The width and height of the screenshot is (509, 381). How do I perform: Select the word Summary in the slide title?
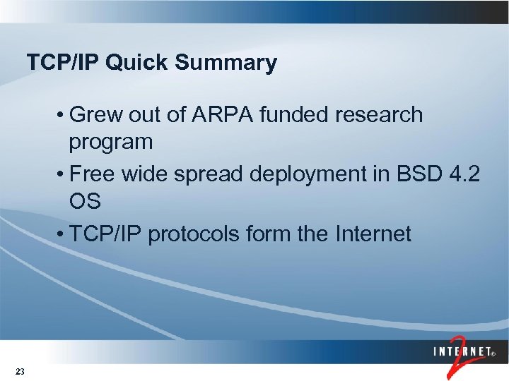[226, 64]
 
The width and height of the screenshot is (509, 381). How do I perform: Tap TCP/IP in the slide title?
[64, 64]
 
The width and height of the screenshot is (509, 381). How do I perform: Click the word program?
[110, 142]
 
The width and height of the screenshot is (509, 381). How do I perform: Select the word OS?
[85, 202]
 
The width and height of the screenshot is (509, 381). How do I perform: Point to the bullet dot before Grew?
[63, 115]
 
